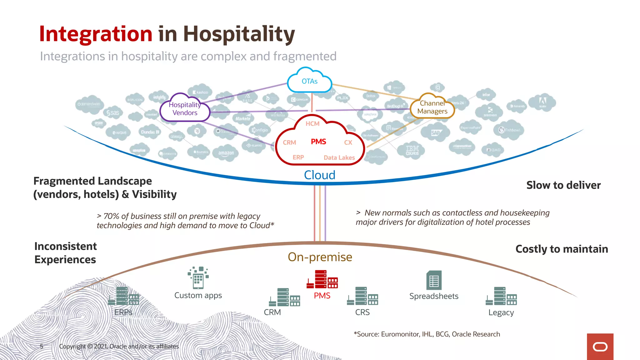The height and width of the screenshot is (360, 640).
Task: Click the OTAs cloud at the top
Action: [309, 82]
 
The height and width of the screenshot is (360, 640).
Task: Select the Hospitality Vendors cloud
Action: [185, 109]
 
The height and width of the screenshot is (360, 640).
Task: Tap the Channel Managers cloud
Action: [432, 107]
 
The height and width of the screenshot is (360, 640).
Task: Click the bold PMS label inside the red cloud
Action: [318, 142]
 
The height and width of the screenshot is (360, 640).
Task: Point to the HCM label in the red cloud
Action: [312, 124]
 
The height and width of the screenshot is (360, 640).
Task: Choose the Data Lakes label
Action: [339, 158]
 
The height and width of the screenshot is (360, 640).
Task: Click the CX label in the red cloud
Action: [348, 142]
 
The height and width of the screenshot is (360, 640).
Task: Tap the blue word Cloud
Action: [320, 175]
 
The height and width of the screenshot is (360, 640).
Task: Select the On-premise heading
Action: [320, 257]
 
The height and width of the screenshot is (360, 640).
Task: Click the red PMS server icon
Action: [322, 279]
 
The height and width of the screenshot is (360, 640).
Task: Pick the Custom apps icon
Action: [198, 277]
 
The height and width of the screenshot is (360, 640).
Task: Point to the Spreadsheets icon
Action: [434, 280]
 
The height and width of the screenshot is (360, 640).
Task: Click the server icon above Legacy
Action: [501, 296]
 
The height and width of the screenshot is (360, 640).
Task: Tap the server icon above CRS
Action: [362, 296]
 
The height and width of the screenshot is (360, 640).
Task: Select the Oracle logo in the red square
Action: [600, 347]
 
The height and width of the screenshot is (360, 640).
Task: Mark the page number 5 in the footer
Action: [42, 346]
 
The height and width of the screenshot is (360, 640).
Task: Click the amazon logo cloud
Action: [226, 153]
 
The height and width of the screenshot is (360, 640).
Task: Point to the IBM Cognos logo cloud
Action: [412, 150]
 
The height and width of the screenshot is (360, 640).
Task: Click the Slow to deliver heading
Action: [563, 185]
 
